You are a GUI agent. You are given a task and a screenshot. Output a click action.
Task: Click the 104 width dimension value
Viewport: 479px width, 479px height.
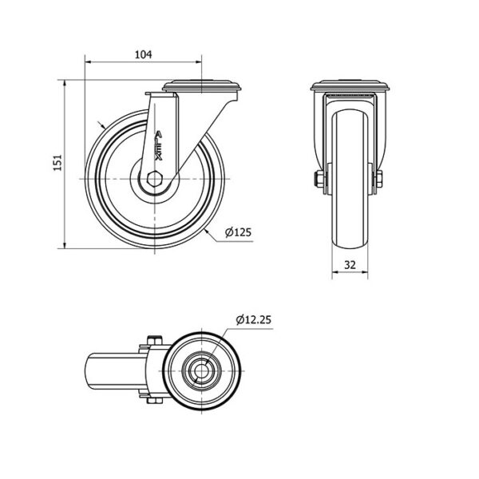143,54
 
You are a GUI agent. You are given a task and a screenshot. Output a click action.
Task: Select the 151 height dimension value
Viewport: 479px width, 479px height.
57,163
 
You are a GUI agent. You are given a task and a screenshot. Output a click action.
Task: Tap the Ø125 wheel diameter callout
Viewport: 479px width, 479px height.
238,232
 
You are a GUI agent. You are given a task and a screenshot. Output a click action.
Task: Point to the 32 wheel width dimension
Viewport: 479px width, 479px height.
350,264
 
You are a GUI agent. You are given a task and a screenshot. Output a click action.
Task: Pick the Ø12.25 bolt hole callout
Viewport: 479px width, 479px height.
253,320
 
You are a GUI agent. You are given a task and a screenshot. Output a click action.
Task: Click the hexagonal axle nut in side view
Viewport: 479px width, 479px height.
155,179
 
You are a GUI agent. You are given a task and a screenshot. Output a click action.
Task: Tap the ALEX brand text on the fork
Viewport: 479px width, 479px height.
158,146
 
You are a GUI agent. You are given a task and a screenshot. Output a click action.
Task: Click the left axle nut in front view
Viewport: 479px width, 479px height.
318,179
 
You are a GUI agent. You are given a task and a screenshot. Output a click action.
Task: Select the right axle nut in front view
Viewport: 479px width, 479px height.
378,179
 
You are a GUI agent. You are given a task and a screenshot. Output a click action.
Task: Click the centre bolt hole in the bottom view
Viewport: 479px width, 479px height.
201,371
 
